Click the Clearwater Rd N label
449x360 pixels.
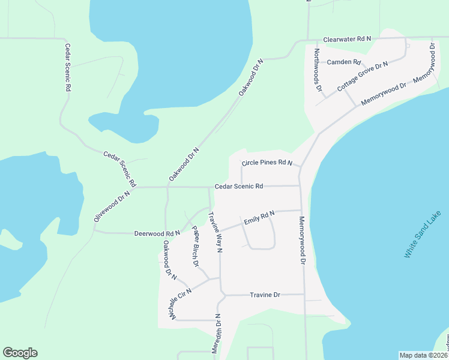click(x=347, y=38)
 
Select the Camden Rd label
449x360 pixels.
click(x=344, y=62)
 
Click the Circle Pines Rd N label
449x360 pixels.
click(x=267, y=163)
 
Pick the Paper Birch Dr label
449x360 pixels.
click(x=195, y=246)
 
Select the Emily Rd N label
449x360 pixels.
click(x=259, y=218)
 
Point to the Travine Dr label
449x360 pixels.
click(x=265, y=295)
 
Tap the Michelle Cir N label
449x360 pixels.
click(x=179, y=304)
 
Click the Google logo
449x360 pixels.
click(x=20, y=353)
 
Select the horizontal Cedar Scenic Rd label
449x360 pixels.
click(x=239, y=186)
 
